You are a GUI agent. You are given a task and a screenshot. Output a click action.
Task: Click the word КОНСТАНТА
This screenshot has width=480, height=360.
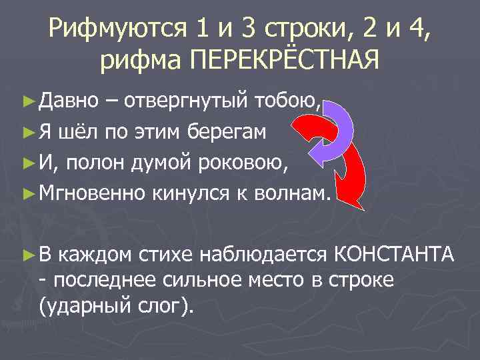point(393,253)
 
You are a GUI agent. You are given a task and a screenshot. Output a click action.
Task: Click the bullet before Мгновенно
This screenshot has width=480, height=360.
point(28,193)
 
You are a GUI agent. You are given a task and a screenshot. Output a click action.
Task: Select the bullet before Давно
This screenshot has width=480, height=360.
point(28,102)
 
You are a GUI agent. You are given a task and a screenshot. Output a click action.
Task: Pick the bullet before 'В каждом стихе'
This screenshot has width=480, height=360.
point(28,253)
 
